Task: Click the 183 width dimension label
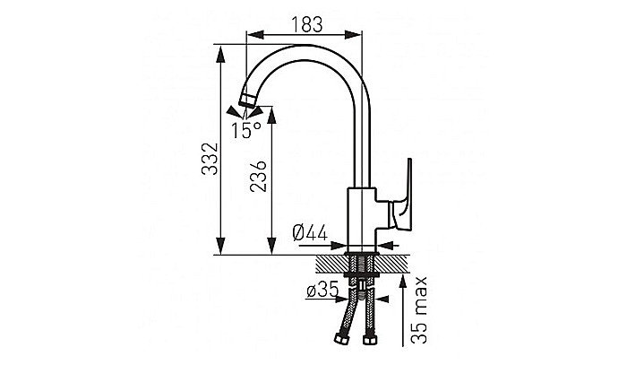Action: tap(306, 24)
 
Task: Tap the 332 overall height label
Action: tap(210, 159)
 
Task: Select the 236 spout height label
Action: tap(258, 176)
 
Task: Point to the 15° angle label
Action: tap(246, 130)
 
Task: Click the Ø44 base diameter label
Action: tap(310, 233)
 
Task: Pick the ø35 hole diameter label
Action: tap(322, 290)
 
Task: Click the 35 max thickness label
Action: tap(419, 310)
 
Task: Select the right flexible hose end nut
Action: tap(369, 340)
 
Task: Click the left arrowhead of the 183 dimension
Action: tap(256, 35)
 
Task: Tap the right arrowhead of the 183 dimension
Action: tap(353, 35)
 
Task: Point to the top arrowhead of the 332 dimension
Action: tap(220, 54)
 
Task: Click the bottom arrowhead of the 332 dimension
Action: tap(220, 246)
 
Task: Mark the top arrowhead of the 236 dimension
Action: tap(271, 116)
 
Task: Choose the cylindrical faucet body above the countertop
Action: tap(362, 220)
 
